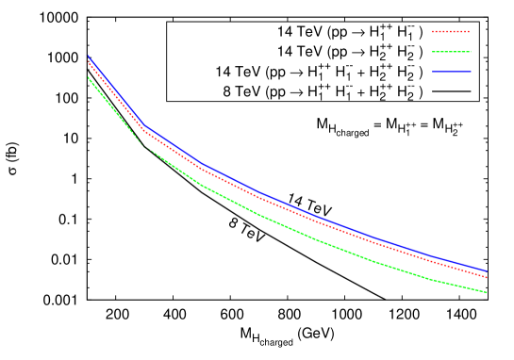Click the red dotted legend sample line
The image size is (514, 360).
click(451, 32)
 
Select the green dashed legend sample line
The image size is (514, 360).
click(451, 52)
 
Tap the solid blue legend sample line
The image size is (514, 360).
click(451, 72)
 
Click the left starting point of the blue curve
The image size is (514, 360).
click(88, 57)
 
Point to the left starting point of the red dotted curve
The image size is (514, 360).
click(88, 63)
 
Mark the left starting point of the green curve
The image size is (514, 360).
click(88, 77)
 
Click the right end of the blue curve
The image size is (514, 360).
click(488, 271)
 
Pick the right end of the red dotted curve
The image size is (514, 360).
click(488, 278)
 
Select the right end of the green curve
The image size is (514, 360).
click(488, 293)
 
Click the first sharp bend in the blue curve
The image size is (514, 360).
click(144, 126)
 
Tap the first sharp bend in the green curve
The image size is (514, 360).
click(144, 147)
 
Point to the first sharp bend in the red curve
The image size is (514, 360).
click(144, 133)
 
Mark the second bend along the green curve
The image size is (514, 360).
click(201, 185)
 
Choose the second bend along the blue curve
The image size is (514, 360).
click(201, 164)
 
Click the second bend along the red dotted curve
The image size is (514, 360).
click(201, 169)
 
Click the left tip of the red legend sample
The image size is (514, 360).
click(433, 32)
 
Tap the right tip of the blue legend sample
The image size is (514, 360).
click(470, 72)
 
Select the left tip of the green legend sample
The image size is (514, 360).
click(433, 52)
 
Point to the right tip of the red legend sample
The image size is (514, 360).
click(470, 32)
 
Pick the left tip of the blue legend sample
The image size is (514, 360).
click(433, 72)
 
